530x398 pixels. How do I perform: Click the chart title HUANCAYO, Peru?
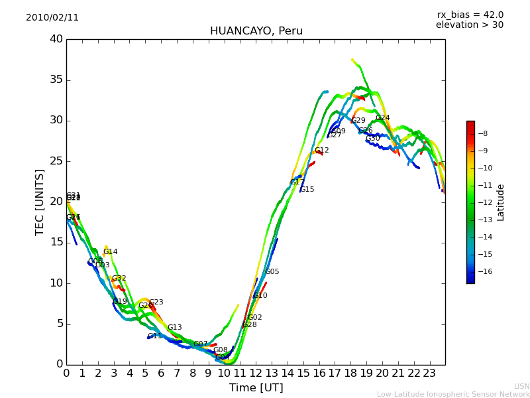256,31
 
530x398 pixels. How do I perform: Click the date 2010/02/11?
52,18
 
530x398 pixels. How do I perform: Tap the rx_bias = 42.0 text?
470,15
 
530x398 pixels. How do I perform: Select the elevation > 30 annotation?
469,25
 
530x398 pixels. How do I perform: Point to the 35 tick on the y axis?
56,80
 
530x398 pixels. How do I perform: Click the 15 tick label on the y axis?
56,243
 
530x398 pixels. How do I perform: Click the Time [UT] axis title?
256,388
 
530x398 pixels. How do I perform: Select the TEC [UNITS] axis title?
40,202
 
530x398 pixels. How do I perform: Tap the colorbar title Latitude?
501,202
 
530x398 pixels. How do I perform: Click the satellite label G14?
110,252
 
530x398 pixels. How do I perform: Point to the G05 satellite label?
272,272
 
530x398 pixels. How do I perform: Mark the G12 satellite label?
321,151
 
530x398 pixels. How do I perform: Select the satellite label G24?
382,118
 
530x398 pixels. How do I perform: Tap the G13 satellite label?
174,328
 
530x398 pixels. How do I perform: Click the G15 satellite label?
307,190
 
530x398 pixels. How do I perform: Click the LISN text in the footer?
521,386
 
